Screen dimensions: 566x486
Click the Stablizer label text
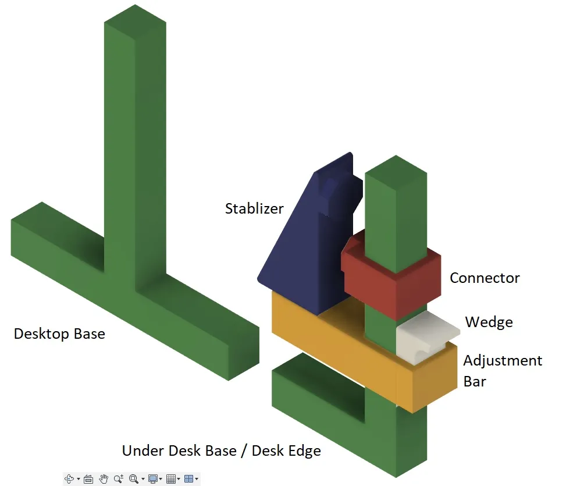(x=254, y=208)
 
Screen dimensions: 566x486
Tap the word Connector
(x=485, y=278)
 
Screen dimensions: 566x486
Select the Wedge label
(x=489, y=322)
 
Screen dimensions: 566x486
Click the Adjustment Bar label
(x=503, y=371)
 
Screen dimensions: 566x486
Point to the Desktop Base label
(x=59, y=334)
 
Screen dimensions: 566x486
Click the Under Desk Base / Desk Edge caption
(x=221, y=450)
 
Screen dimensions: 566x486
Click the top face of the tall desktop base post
(x=135, y=22)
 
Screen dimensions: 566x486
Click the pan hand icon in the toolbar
(x=104, y=479)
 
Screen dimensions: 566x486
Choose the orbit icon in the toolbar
(x=69, y=479)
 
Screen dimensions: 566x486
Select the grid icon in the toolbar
(x=170, y=479)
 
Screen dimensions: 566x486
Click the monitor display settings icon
(x=153, y=479)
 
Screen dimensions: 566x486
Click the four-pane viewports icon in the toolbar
(x=188, y=479)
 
